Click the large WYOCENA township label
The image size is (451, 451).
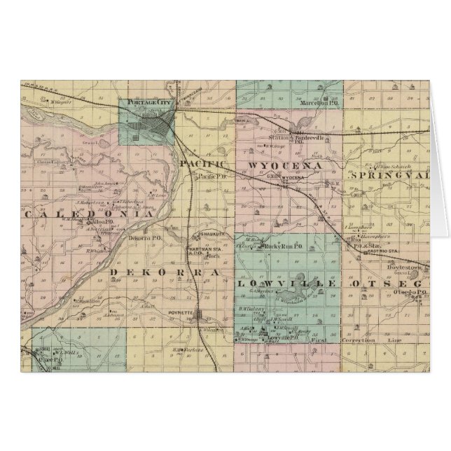tap(284, 165)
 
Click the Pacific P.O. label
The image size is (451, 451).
tap(208, 177)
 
